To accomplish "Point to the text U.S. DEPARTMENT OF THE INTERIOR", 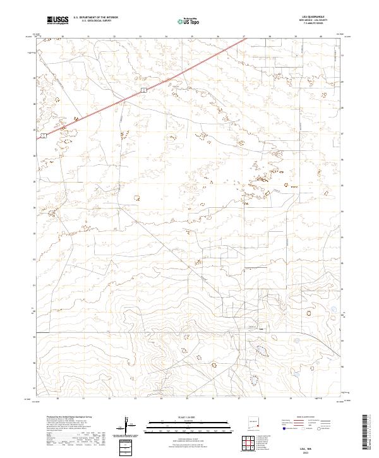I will pos(95,18).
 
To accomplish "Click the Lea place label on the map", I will pos(262,328).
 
